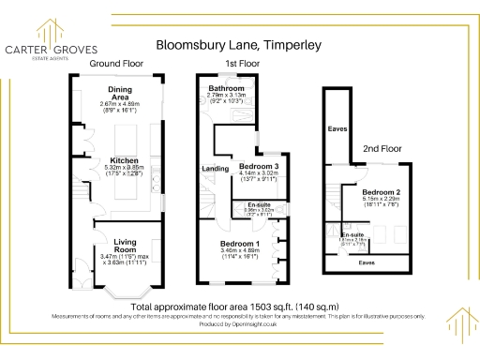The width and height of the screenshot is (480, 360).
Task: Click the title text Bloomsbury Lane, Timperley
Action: coord(239,44)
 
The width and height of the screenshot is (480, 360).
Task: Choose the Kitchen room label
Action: coord(125,159)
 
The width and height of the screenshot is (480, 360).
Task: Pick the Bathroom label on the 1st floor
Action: coord(225,88)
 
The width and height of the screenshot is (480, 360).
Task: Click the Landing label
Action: coord(215,168)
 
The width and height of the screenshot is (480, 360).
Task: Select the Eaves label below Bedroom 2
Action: coord(367,263)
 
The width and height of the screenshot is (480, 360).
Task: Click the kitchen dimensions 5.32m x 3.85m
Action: coord(125,168)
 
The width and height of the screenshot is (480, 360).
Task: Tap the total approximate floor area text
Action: coord(234,307)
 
